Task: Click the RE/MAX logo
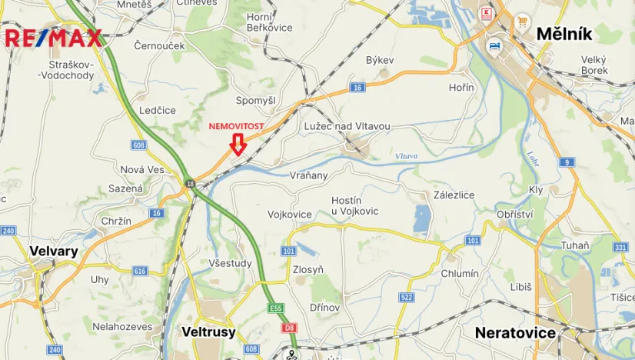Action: pyautogui.click(x=54, y=38)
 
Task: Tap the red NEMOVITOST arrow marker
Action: pyautogui.click(x=238, y=144)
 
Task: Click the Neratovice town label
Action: pyautogui.click(x=515, y=333)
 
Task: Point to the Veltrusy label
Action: pyautogui.click(x=208, y=332)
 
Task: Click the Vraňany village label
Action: pyautogui.click(x=309, y=175)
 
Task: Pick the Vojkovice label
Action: pyautogui.click(x=290, y=214)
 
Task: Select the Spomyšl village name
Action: pyautogui.click(x=255, y=101)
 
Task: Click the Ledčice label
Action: pyautogui.click(x=158, y=110)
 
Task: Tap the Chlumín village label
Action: pyautogui.click(x=460, y=273)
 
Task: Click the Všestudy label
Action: pyautogui.click(x=230, y=262)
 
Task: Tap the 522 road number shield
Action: pyautogui.click(x=407, y=298)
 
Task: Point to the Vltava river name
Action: pyautogui.click(x=406, y=156)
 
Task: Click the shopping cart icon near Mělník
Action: pyautogui.click(x=523, y=21)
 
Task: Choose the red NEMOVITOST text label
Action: pyautogui.click(x=238, y=125)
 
